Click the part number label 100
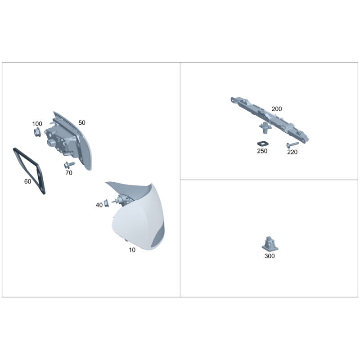37,124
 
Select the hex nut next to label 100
37,132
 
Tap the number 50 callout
82,123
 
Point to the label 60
27,181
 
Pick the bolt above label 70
69,164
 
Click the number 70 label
69,173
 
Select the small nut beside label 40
106,203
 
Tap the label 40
99,205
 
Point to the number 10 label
132,250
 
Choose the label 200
277,109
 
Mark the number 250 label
262,151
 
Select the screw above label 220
292,144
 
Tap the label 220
292,152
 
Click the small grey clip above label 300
270,244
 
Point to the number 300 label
270,256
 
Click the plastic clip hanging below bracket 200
265,128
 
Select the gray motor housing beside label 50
61,140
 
